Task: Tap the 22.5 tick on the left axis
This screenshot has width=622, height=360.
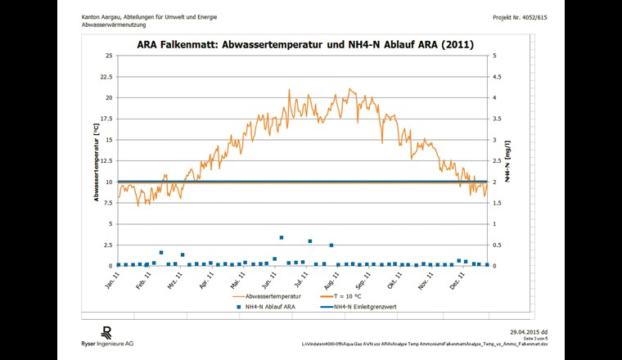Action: [x=105, y=77]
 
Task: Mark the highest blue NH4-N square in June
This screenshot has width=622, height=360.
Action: [x=282, y=237]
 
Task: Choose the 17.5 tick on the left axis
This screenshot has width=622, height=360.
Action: [x=105, y=119]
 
